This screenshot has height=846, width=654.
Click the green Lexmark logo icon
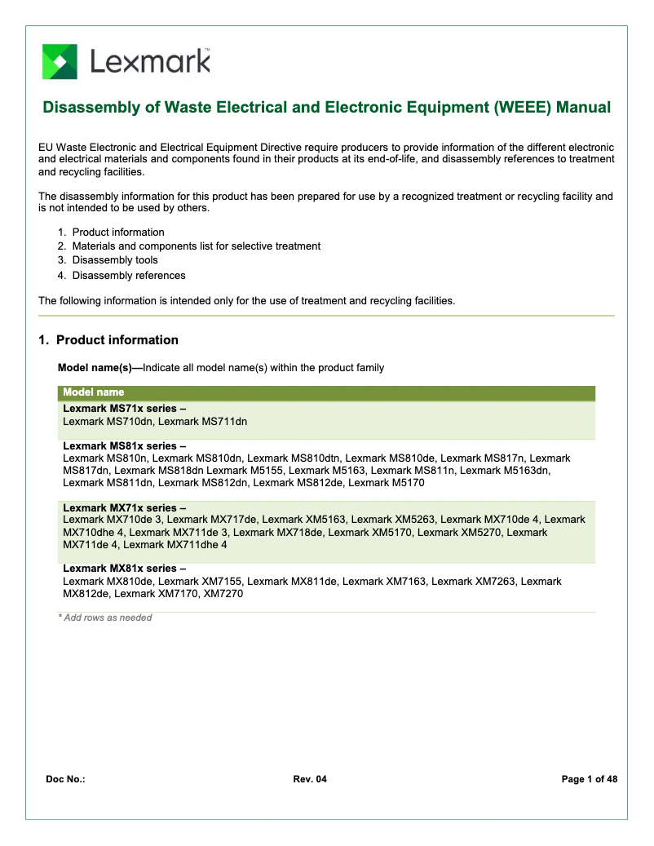60,62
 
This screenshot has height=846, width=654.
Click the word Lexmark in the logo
150,61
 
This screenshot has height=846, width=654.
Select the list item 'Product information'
117,233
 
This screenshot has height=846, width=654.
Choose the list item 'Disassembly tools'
115,260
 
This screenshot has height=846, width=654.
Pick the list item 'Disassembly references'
129,275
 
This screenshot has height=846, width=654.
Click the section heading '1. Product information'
108,340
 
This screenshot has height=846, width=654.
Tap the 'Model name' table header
94,393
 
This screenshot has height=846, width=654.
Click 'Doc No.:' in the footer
65,780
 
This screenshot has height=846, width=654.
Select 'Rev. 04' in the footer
310,780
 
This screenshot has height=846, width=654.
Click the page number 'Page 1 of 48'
589,780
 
